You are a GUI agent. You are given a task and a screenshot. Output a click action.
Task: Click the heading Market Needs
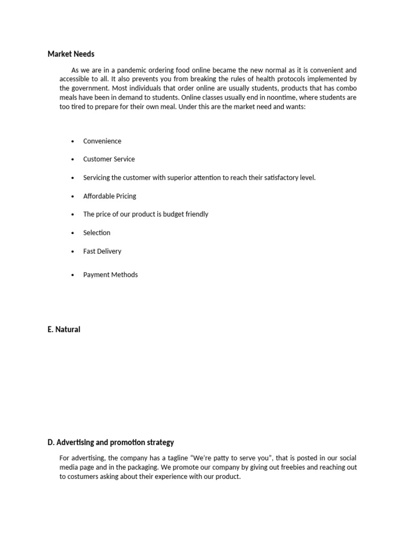click(x=71, y=54)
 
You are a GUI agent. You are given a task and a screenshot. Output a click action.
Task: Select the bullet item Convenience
click(x=102, y=141)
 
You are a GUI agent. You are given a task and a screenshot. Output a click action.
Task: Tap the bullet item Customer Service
click(x=109, y=159)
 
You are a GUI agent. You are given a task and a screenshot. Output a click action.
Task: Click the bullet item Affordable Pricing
click(x=109, y=196)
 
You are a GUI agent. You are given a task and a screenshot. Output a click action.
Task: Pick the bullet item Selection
click(x=97, y=233)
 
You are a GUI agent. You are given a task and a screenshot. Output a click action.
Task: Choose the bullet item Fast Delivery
click(x=102, y=252)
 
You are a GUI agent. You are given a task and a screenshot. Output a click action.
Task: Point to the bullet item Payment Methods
click(x=110, y=275)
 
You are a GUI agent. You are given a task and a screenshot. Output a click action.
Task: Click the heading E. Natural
click(x=64, y=330)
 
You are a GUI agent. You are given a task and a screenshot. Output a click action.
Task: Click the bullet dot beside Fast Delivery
click(x=72, y=252)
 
